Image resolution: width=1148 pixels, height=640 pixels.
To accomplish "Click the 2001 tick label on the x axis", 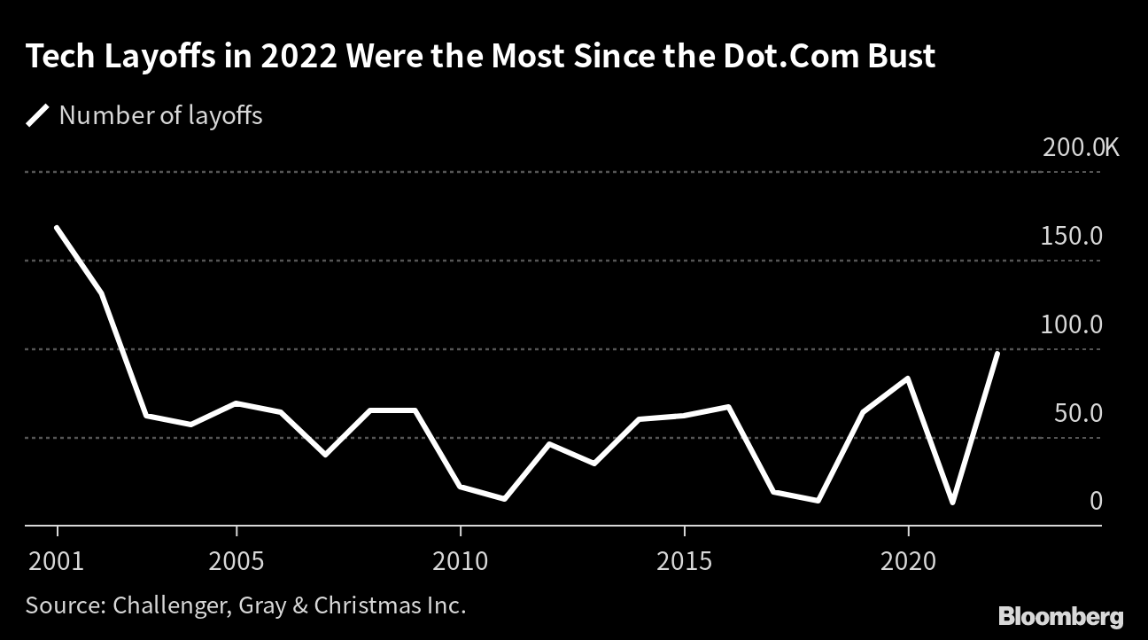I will [57, 562].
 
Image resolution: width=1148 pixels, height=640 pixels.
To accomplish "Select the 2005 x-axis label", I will [237, 562].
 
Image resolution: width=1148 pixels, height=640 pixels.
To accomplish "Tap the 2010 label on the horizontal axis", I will [461, 562].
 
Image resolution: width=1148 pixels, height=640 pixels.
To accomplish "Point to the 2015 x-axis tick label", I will [685, 562].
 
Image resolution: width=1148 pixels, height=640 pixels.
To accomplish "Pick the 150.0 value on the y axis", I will [1073, 237].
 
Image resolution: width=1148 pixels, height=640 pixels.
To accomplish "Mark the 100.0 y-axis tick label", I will [1073, 324].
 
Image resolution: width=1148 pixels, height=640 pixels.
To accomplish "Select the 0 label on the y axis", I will [1096, 502].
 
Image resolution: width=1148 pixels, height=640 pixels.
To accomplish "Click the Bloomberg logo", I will [1061, 616].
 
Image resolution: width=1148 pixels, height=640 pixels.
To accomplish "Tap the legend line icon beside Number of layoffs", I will [38, 115].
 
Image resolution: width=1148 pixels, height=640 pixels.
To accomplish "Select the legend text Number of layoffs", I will [160, 115].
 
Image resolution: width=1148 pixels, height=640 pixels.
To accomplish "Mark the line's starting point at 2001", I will [57, 228].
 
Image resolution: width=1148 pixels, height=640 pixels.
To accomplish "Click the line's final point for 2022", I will [998, 353].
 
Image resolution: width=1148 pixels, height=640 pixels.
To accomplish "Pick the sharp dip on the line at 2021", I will [953, 503].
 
